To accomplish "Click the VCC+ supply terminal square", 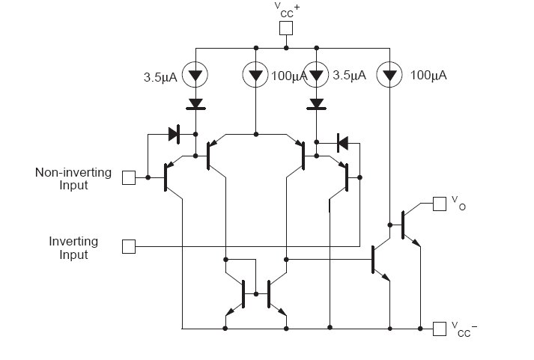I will [286, 28].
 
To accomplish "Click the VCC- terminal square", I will [439, 328].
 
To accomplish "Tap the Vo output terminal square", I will [439, 203].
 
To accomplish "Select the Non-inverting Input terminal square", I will [129, 177].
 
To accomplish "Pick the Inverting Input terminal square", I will [129, 246].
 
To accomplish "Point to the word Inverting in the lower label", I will [73, 241].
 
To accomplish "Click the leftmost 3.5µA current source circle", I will [195, 76].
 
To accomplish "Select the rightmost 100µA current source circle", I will [389, 76].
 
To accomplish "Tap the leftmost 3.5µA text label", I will [160, 76].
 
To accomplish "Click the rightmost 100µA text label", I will [428, 76].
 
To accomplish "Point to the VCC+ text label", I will [286, 10].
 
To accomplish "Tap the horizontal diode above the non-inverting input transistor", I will [175, 135].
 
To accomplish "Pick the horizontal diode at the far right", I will [342, 140].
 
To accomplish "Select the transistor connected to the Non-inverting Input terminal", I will [169, 178].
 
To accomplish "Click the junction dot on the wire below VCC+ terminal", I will [286, 48].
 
